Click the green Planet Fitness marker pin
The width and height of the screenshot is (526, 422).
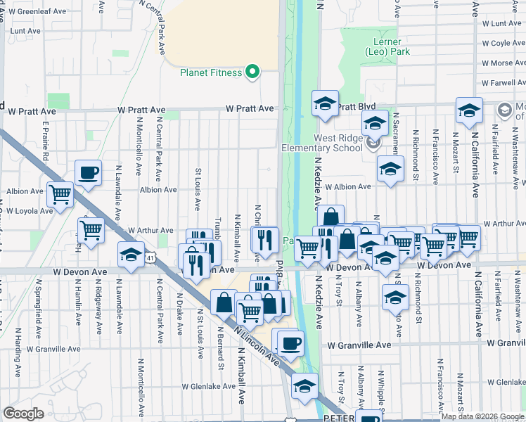251,72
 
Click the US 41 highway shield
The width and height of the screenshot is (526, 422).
150,258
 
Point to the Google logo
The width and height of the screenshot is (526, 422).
24,414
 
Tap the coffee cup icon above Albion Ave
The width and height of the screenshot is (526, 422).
89,174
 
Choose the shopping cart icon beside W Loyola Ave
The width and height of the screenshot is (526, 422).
60,194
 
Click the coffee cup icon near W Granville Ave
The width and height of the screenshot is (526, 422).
290,344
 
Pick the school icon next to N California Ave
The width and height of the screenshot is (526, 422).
469,110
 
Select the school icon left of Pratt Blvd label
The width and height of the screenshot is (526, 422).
326,104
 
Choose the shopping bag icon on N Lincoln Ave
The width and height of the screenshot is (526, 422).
224,303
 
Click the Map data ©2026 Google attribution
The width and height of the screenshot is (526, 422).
483,416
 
